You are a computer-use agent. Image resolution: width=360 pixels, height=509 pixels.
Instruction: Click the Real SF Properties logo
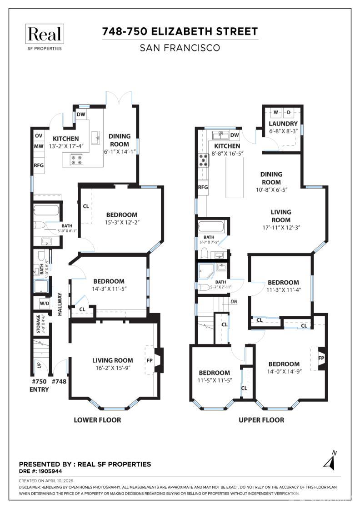click(44, 37)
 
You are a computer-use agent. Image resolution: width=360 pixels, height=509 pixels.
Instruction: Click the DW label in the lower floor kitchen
click(81, 115)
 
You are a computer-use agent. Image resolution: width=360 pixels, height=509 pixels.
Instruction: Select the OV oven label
click(39, 135)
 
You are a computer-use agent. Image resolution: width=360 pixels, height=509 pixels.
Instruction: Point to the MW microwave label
click(39, 146)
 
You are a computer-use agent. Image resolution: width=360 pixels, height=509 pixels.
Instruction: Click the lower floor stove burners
click(75, 160)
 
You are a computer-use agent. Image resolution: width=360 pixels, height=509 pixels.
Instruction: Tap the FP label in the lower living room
click(150, 360)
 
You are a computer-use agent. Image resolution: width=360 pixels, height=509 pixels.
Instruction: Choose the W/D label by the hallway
click(45, 303)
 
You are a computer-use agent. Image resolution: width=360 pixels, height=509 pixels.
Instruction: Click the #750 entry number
click(39, 382)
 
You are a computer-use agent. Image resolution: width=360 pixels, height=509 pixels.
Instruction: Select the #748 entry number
click(59, 382)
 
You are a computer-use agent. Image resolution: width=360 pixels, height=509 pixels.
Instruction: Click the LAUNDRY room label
click(283, 124)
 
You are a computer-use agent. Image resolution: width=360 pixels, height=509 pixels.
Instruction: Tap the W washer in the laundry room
click(275, 112)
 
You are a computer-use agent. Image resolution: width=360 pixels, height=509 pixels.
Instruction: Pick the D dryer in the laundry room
click(289, 112)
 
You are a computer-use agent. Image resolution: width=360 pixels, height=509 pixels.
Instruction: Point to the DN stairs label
click(234, 301)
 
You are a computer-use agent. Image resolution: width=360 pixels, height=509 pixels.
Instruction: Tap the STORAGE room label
click(39, 324)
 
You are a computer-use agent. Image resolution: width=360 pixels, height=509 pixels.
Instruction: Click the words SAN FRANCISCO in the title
click(180, 48)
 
